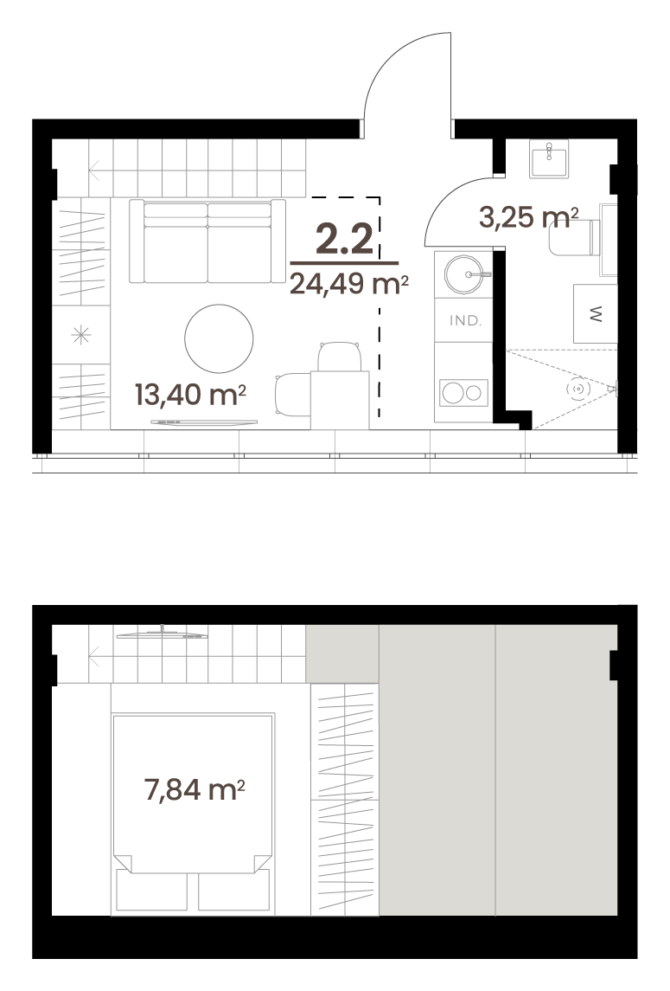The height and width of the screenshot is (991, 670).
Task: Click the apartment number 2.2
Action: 344,239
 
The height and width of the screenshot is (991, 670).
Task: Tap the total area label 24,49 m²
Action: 348,284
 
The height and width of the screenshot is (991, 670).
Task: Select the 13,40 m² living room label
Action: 190,395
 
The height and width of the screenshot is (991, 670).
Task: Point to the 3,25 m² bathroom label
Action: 528,217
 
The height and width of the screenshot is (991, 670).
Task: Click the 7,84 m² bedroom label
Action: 195,789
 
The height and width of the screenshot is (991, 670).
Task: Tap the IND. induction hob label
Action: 465,320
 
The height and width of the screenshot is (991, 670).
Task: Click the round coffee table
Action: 219,338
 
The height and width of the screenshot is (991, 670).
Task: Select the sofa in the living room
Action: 207,241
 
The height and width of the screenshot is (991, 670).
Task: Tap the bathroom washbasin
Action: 549,158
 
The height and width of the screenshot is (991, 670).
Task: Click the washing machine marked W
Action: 595,313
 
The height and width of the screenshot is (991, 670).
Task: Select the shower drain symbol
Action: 578,389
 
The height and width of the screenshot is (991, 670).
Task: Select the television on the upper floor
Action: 162,634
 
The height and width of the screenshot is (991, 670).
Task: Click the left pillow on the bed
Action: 151,891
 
